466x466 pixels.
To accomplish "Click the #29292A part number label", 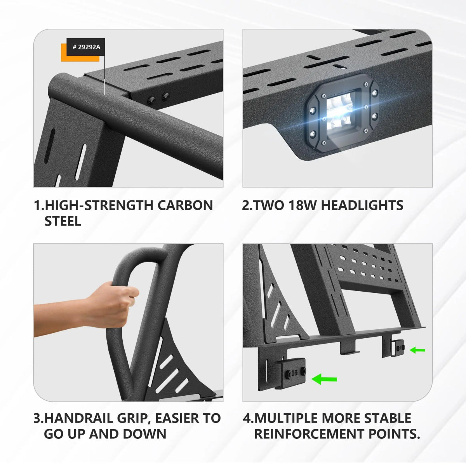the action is [85, 47].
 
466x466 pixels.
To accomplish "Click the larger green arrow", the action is [324, 379].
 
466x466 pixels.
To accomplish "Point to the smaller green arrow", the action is [417, 349].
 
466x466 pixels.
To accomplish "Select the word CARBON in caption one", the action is [185, 205].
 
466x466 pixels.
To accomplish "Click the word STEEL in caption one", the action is [63, 221].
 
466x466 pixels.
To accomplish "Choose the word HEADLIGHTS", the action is [362, 205].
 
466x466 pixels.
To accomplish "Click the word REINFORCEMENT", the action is [309, 434].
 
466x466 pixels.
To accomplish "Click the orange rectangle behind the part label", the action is [80, 52].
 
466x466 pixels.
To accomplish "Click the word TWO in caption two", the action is [269, 205].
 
